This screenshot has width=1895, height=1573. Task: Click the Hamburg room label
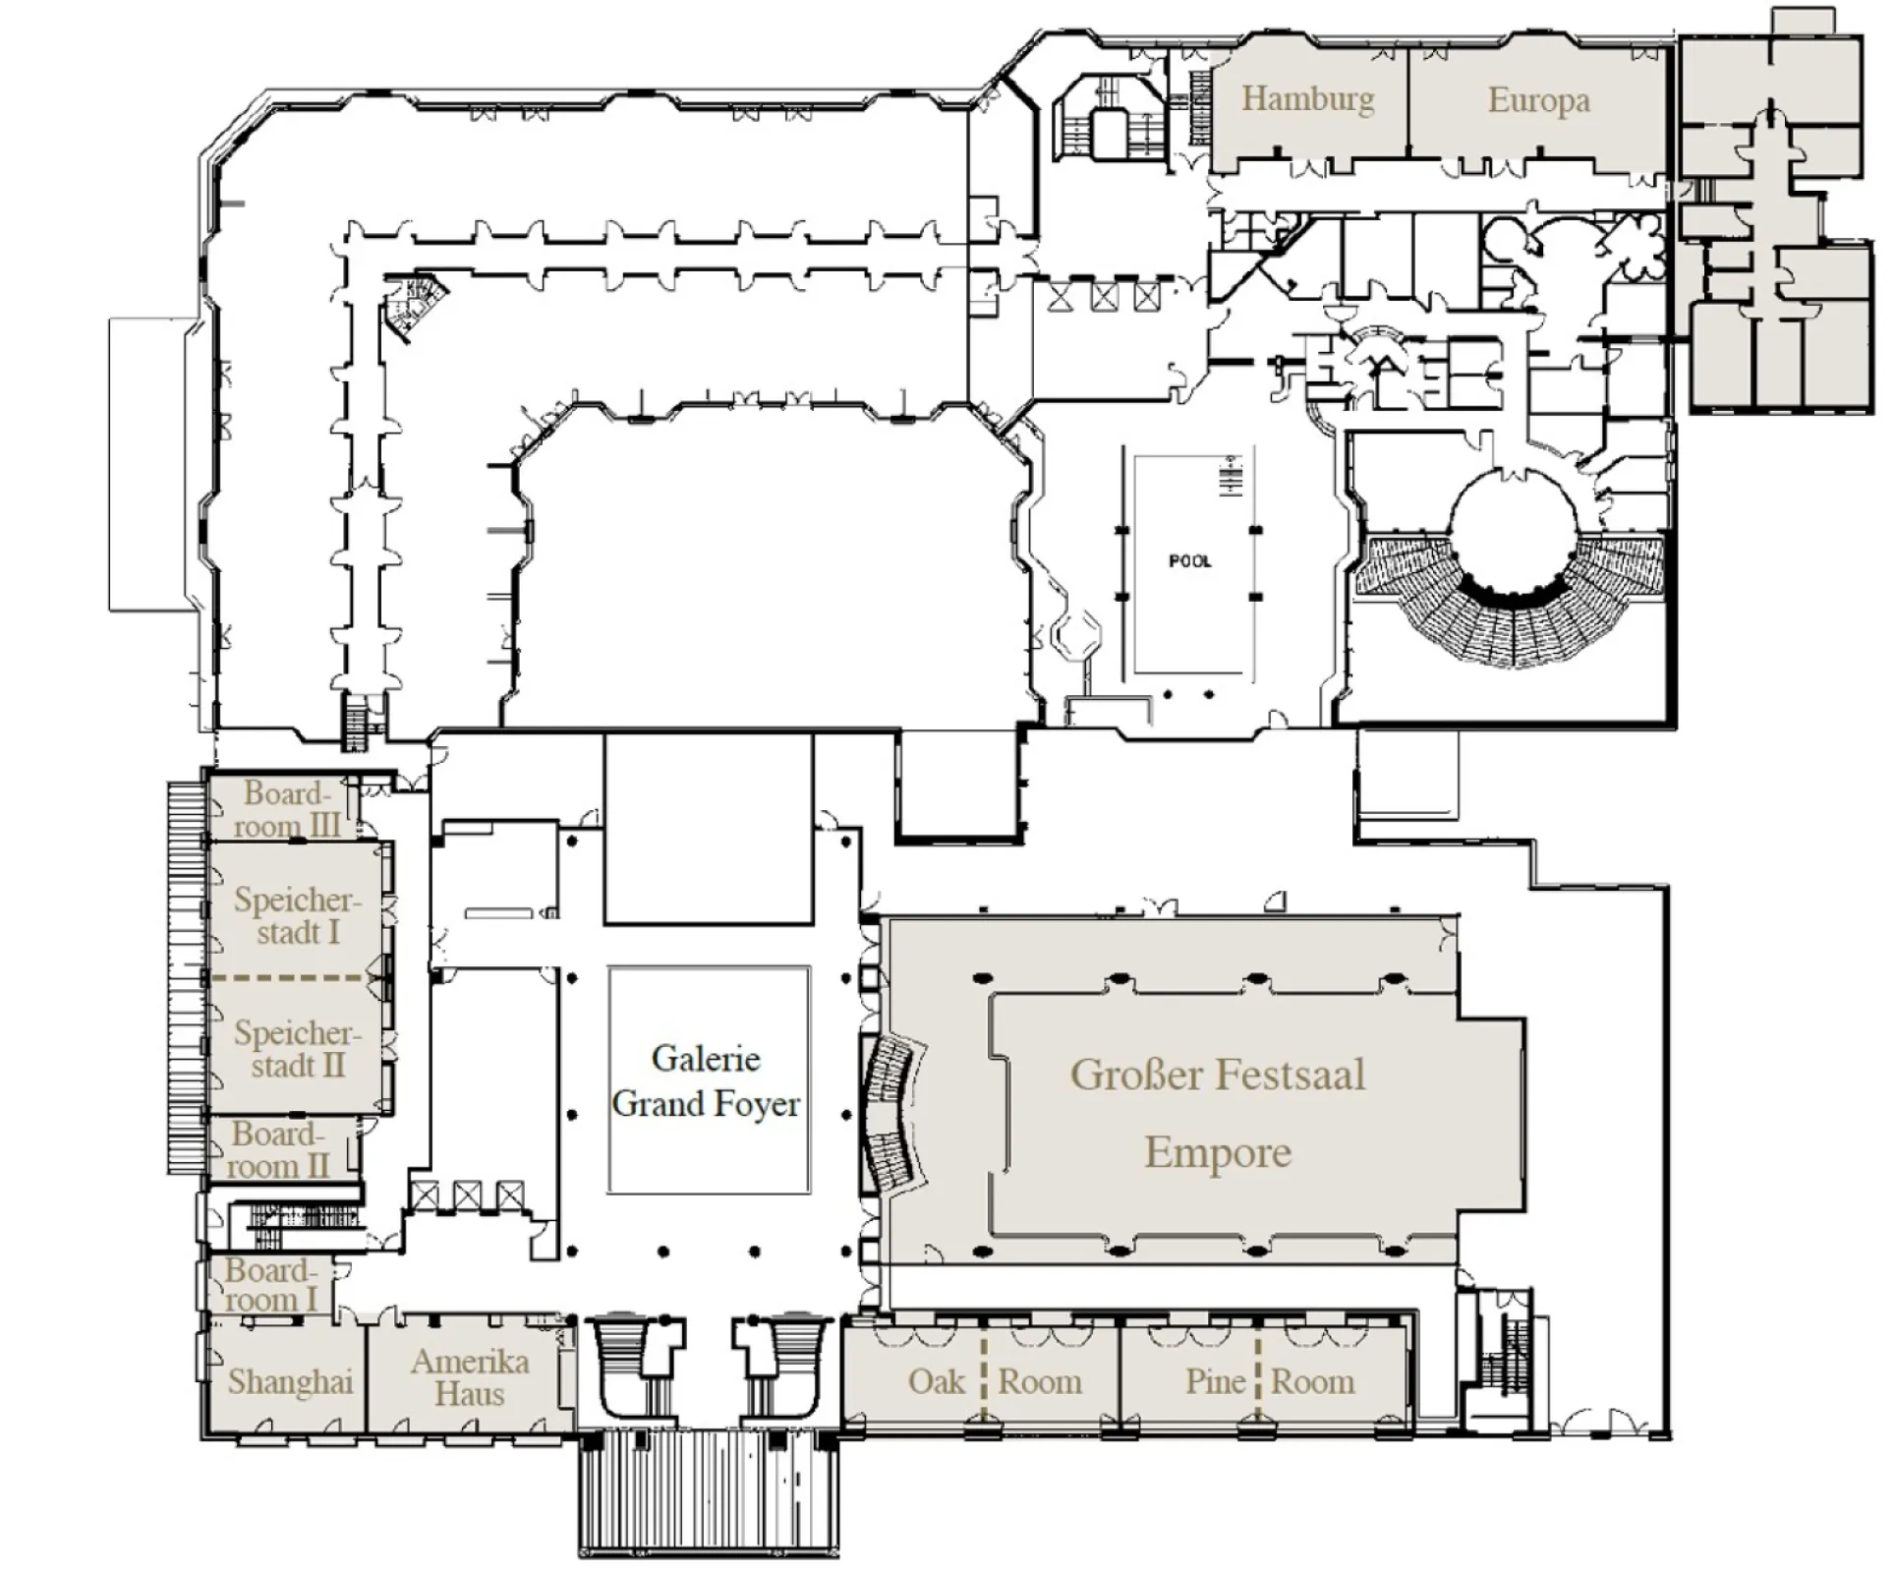pos(1307,99)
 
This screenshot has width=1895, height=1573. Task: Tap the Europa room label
pos(1538,100)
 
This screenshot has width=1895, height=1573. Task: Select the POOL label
pos(1189,561)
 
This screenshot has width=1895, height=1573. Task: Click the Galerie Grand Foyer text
pos(706,1081)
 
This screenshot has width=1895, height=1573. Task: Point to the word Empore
pos(1217,1152)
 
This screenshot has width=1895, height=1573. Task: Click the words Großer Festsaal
pos(1217,1075)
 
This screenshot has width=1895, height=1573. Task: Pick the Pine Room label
pos(1269,1381)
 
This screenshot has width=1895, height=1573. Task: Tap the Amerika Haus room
pos(470,1377)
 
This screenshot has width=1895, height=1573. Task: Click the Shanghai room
pos(290,1381)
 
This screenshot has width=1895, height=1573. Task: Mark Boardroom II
pos(278,1149)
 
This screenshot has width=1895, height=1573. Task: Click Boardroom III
pos(286,809)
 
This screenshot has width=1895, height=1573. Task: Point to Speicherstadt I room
pos(298,914)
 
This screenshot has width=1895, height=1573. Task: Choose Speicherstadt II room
pos(298,1048)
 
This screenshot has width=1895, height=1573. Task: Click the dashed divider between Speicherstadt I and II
pos(290,978)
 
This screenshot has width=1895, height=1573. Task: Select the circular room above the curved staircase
pos(1514,531)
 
